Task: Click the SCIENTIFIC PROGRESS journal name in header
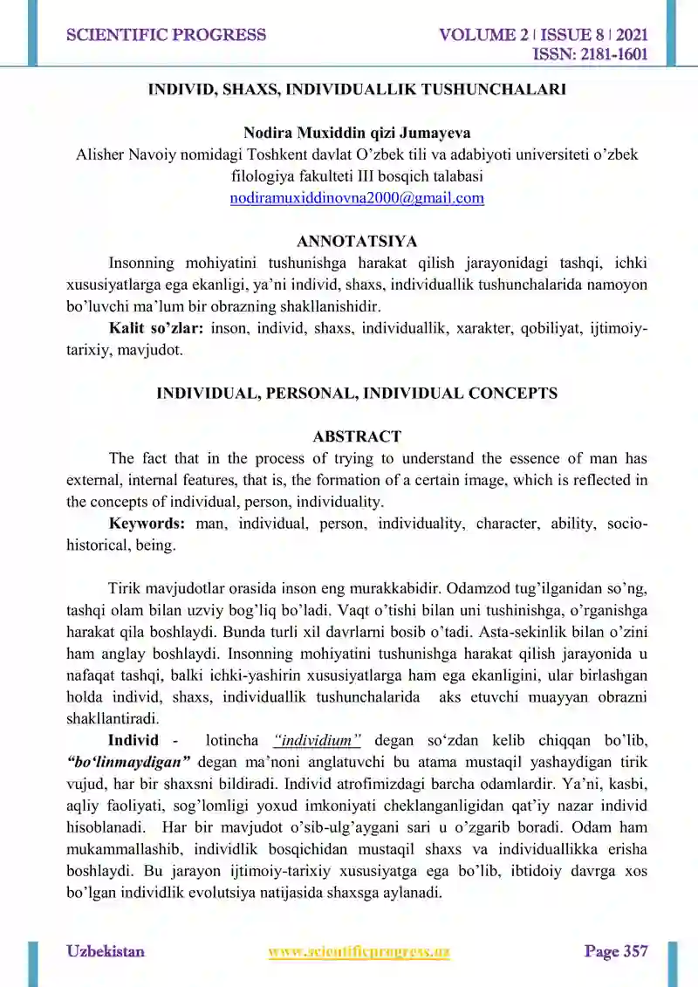166,36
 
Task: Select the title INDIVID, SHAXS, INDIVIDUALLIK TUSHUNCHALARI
357,89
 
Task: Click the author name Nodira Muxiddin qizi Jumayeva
357,134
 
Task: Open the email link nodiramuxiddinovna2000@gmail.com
357,198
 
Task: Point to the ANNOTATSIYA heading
357,242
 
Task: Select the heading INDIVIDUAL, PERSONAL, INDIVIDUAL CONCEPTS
357,393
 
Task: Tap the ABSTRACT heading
357,436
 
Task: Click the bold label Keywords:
147,524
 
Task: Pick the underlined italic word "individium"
318,741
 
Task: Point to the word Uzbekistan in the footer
106,951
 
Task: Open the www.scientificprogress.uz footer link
359,951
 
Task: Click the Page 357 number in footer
616,951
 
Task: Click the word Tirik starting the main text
126,588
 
